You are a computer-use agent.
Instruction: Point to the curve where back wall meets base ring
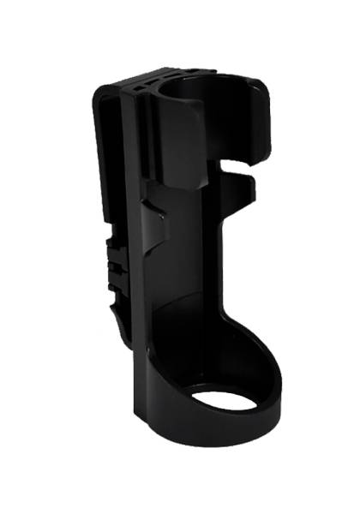206,338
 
